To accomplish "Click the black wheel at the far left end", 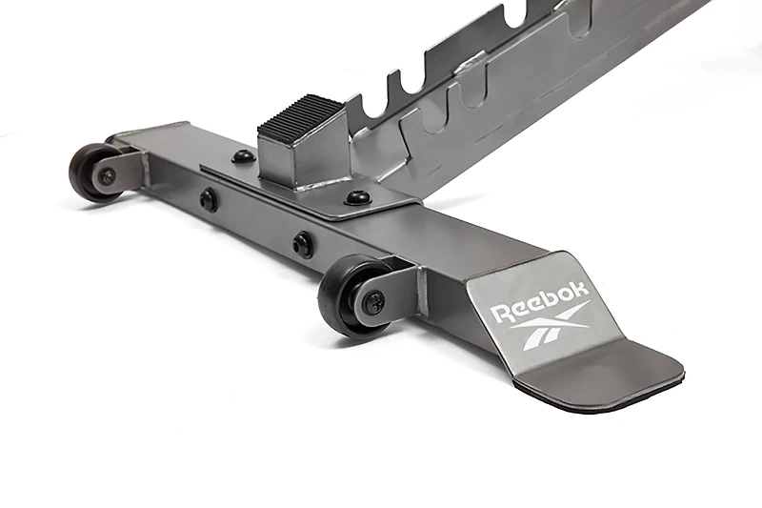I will click(x=91, y=172).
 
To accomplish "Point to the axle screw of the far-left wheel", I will click(x=107, y=176).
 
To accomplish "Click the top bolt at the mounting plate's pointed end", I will click(x=358, y=198).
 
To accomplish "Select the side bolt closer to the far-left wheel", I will click(x=209, y=200).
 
